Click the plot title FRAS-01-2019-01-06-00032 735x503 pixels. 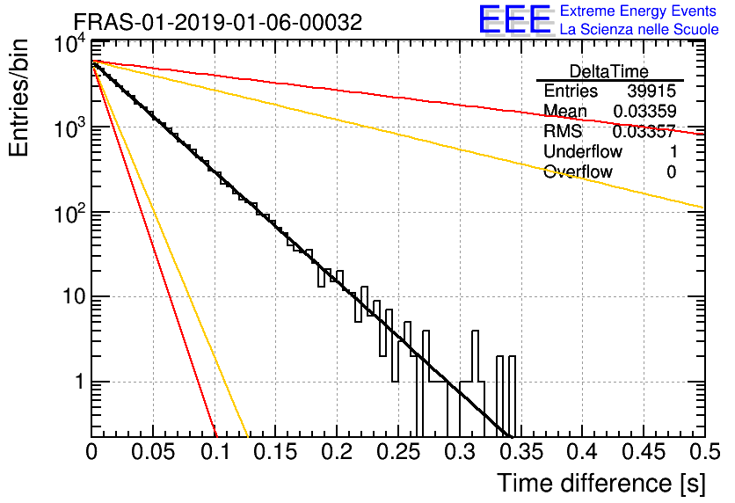[218, 22]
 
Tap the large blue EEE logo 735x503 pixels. [515, 19]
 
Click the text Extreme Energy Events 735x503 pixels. [638, 11]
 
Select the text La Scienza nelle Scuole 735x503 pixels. [639, 29]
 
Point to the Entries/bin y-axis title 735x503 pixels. [18, 98]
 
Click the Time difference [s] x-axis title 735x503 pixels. [601, 484]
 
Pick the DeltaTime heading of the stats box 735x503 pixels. [609, 71]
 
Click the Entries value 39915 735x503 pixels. [651, 91]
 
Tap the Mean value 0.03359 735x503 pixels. [644, 111]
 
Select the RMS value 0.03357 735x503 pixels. [644, 131]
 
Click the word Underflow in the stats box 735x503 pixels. [583, 151]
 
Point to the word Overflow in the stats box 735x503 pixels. [578, 171]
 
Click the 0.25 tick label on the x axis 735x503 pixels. [398, 452]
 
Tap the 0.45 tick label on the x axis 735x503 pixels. [644, 452]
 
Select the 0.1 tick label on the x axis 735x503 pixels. [215, 452]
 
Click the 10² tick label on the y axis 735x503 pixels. [69, 214]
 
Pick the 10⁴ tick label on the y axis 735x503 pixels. [69, 45]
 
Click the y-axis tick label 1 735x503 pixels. [79, 382]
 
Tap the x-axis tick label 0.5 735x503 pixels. [705, 452]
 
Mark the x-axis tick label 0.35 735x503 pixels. [521, 452]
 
